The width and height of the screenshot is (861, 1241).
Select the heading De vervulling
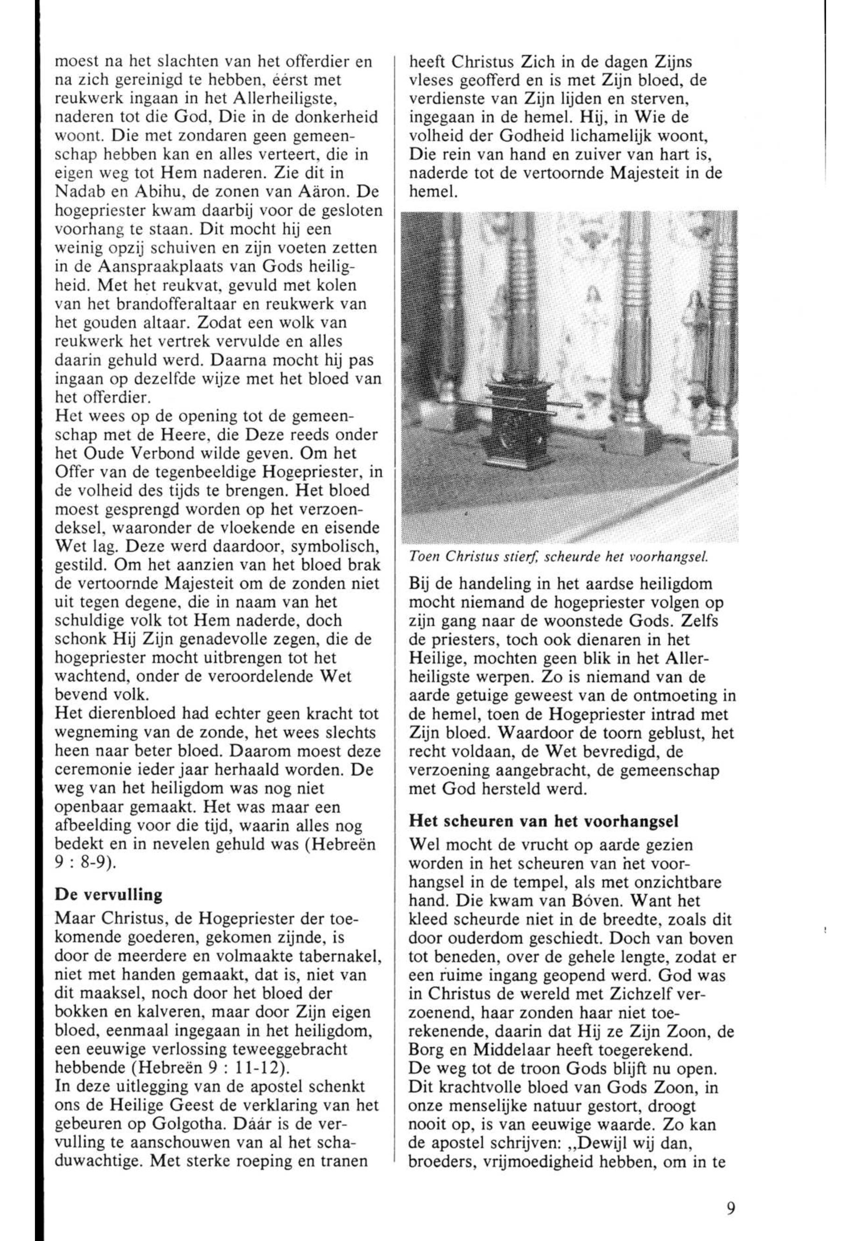108,895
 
